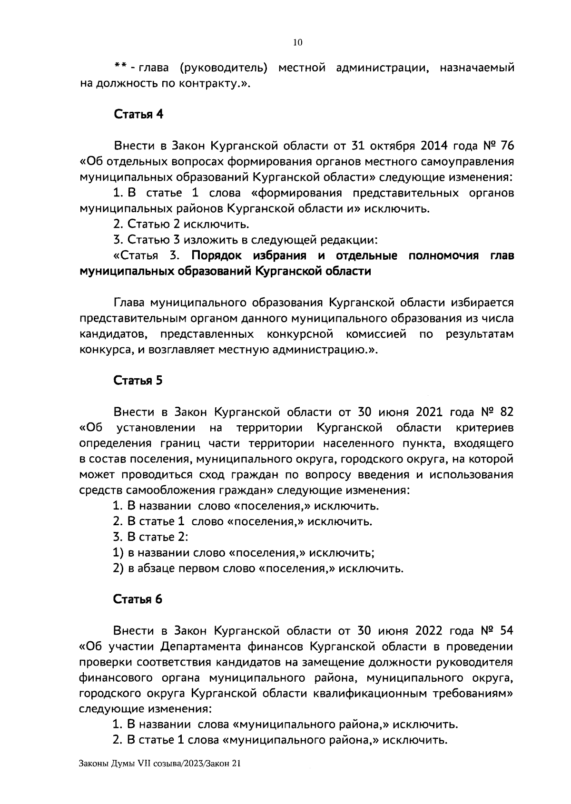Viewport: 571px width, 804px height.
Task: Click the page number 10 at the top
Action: pyautogui.click(x=297, y=43)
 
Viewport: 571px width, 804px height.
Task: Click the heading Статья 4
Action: pyautogui.click(x=138, y=115)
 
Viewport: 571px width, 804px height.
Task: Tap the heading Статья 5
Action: pyautogui.click(x=138, y=381)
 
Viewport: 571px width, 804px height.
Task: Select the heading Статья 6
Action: pyautogui.click(x=138, y=599)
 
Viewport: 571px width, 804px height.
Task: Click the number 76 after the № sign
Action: pyautogui.click(x=507, y=146)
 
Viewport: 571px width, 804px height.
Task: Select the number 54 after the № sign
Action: pyautogui.click(x=507, y=631)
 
